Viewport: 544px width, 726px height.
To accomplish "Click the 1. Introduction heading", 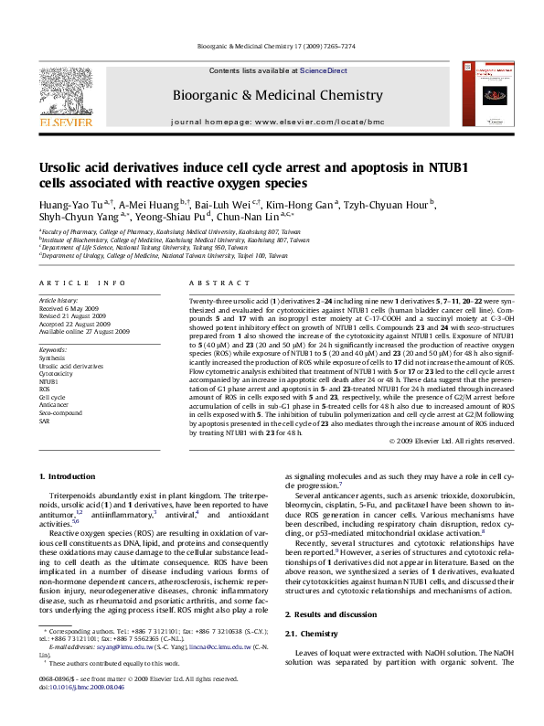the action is coord(69,475).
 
